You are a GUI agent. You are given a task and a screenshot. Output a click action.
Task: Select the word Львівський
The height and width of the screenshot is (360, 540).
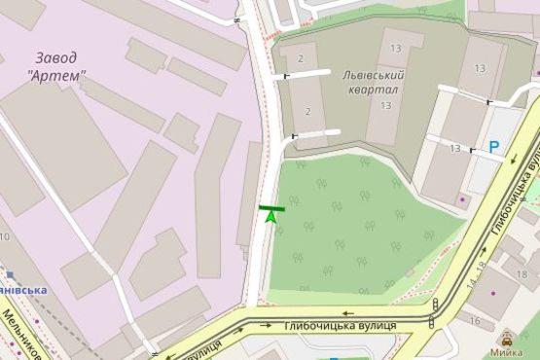click(x=373, y=75)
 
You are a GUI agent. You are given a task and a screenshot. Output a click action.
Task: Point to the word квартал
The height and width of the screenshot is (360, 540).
click(x=364, y=90)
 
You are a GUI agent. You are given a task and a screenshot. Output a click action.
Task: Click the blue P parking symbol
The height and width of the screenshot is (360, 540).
click(x=494, y=148)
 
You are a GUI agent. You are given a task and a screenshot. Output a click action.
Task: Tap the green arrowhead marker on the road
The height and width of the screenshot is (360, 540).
click(x=271, y=218)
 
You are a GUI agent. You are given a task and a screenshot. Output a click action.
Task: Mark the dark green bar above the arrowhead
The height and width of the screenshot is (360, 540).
click(x=271, y=207)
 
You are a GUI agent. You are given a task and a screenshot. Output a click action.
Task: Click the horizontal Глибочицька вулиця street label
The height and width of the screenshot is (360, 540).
click(x=341, y=325)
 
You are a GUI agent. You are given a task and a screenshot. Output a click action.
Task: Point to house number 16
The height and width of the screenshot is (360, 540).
click(x=475, y=320)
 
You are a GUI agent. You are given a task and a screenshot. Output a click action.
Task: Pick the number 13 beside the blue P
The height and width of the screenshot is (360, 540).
click(x=455, y=147)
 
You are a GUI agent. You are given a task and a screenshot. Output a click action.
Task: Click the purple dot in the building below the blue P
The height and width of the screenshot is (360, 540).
click(x=462, y=199)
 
